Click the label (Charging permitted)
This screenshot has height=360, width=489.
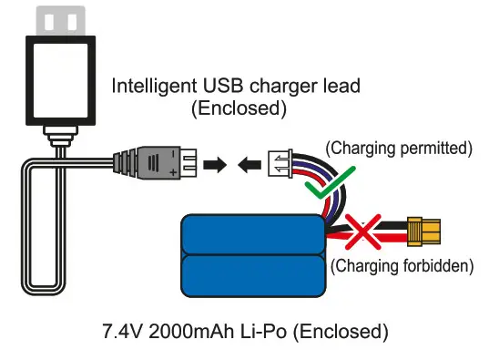point(388,146)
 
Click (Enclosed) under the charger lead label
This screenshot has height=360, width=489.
point(238,108)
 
